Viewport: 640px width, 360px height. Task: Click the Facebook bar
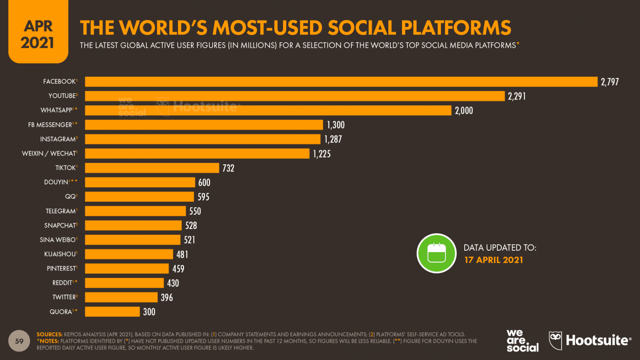coord(341,82)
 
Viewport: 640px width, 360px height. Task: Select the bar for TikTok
coord(152,168)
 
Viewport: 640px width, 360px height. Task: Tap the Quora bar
coord(112,312)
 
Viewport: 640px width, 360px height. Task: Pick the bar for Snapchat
coord(133,225)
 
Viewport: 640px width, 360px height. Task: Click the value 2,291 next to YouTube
coord(517,96)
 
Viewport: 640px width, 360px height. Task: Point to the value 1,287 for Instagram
coord(333,139)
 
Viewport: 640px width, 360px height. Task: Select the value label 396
coord(167,298)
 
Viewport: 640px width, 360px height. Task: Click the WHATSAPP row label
coord(57,110)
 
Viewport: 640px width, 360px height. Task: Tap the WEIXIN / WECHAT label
coord(49,153)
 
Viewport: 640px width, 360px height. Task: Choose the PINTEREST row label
coord(61,268)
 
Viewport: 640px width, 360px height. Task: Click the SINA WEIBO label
coord(58,240)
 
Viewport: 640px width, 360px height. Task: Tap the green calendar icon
coord(437,253)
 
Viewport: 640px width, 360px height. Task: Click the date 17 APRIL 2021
coord(494,260)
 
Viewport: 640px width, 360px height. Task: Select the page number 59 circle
coord(19,341)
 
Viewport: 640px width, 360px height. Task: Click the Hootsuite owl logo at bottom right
coord(555,340)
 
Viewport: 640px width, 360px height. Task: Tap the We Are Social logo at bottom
coord(522,341)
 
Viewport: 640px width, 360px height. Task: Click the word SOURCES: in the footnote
coord(49,334)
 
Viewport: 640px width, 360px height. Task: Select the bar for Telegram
coord(135,211)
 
